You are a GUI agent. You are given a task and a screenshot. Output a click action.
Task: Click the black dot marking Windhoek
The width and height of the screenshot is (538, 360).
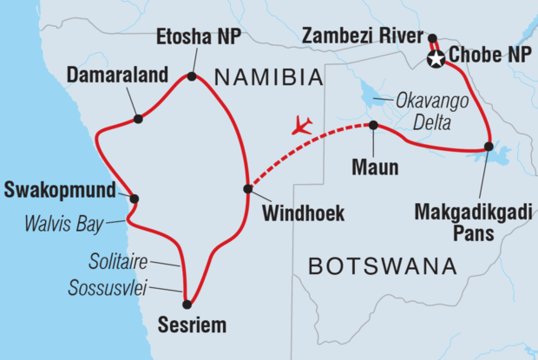pyautogui.click(x=248, y=189)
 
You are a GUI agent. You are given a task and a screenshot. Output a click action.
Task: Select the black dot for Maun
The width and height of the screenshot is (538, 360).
pyautogui.click(x=373, y=126)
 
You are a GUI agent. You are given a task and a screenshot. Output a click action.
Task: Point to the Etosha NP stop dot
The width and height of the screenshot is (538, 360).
pyautogui.click(x=192, y=77)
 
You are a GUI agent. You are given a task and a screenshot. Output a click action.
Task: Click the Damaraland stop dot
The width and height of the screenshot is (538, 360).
pyautogui.click(x=137, y=119)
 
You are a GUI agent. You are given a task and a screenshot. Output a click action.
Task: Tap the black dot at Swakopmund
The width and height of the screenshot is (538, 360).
pyautogui.click(x=134, y=199)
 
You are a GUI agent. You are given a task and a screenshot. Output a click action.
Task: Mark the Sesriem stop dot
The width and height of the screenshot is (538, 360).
pyautogui.click(x=187, y=304)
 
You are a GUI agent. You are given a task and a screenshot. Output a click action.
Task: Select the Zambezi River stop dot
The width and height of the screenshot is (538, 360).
pyautogui.click(x=431, y=37)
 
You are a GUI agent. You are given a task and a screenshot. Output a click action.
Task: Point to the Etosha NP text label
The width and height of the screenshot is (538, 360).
pyautogui.click(x=198, y=38)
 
